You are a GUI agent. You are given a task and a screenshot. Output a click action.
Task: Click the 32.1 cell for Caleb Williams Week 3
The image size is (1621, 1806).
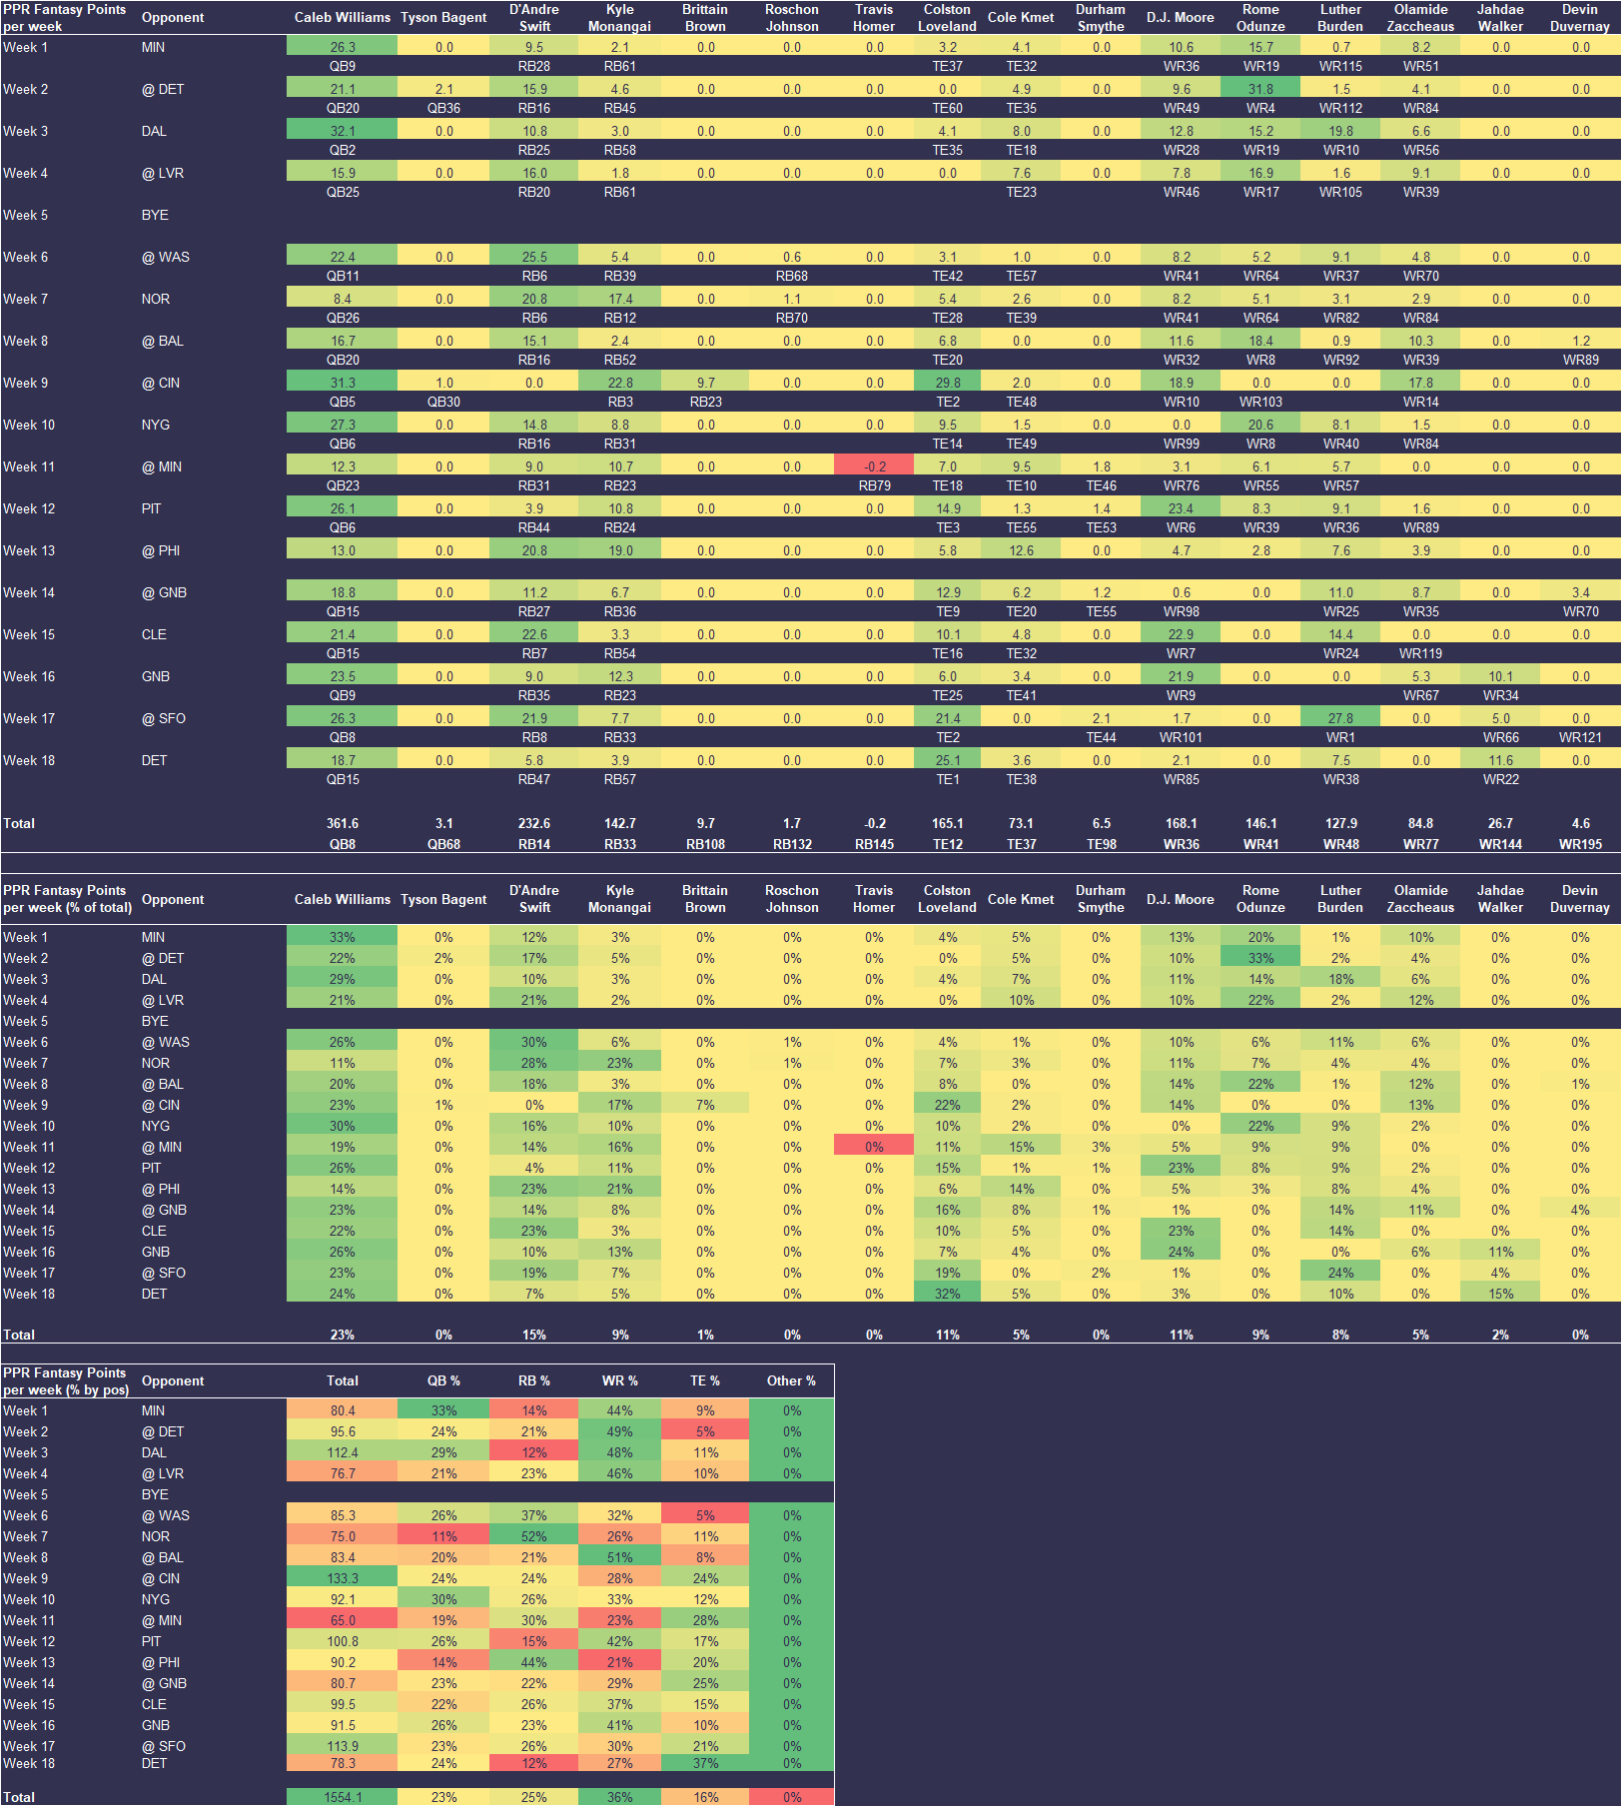point(343,131)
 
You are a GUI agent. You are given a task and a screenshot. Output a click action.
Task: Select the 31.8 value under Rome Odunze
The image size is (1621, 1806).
point(1260,89)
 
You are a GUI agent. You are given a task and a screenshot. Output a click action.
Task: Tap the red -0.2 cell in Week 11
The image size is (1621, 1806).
point(874,466)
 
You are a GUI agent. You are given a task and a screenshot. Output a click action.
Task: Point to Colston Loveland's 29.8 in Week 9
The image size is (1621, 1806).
point(947,383)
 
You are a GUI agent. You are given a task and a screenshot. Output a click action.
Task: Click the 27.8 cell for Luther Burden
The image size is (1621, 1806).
point(1340,718)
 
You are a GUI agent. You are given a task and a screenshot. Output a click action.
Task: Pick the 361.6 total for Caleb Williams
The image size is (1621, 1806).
point(343,823)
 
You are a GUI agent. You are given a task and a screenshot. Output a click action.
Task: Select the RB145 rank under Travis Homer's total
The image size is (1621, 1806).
point(874,844)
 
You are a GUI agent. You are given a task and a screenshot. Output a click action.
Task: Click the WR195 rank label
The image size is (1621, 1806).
point(1580,844)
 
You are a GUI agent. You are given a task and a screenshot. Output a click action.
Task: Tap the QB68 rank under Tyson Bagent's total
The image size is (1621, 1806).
point(443,844)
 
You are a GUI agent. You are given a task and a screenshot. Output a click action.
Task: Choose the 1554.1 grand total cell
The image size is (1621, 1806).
point(343,1797)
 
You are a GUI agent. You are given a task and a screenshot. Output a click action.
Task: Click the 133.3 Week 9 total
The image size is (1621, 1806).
point(343,1578)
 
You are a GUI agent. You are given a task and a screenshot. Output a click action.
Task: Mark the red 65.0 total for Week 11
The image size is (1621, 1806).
point(343,1620)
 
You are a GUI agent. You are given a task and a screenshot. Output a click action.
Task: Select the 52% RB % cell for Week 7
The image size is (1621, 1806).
point(533,1536)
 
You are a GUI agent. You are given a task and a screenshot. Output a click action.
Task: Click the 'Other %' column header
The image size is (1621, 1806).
point(791,1380)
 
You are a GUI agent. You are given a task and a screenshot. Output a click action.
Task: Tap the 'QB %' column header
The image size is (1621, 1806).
point(443,1380)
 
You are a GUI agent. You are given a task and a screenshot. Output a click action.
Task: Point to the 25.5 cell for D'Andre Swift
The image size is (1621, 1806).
point(533,257)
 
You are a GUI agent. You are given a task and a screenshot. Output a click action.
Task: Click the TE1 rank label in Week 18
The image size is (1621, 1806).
point(947,779)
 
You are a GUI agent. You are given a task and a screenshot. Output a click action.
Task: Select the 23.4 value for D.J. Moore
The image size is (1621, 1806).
point(1181,508)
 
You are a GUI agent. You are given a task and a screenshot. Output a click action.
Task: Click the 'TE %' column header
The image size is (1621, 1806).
point(705,1380)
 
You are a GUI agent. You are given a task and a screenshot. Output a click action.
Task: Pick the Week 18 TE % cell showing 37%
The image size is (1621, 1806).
point(705,1763)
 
